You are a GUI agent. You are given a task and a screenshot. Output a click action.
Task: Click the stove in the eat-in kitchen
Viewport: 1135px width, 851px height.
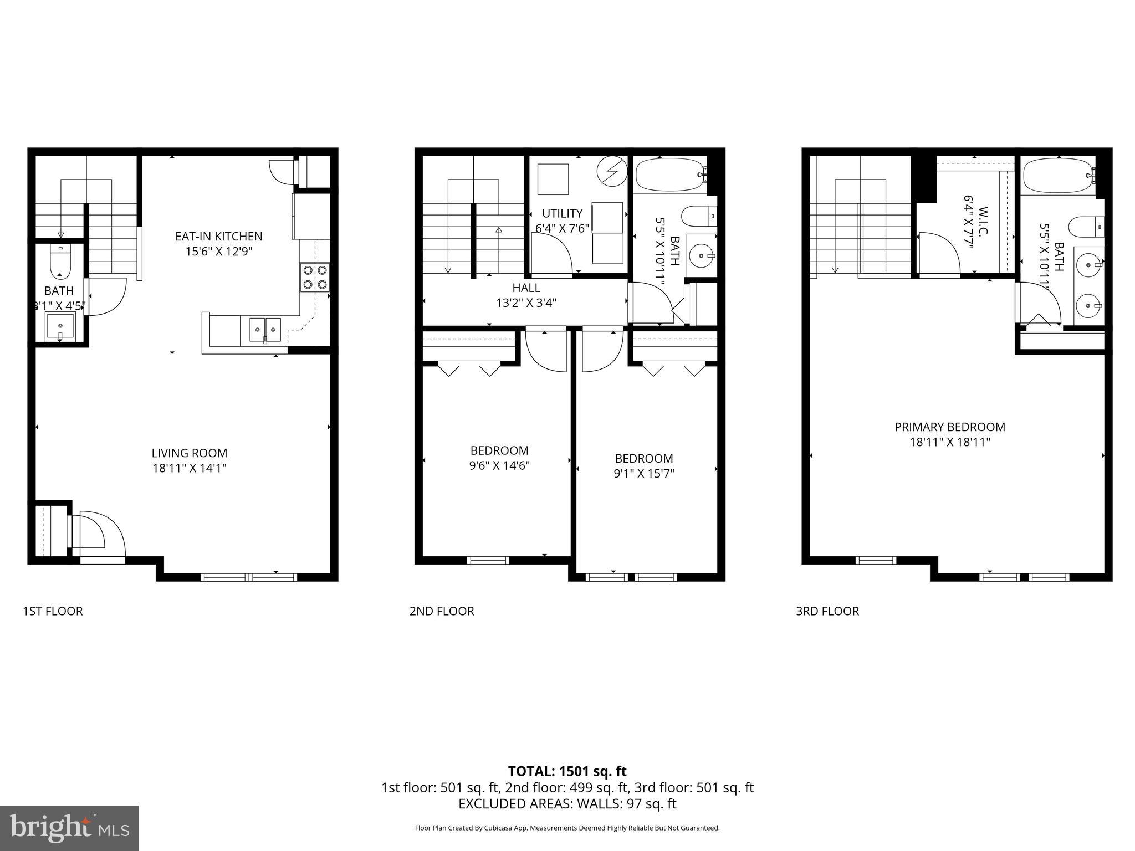(x=315, y=278)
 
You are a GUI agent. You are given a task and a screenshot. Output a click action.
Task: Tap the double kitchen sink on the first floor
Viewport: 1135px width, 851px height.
(x=265, y=330)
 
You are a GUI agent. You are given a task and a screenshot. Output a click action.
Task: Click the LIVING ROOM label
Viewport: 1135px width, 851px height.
(x=190, y=453)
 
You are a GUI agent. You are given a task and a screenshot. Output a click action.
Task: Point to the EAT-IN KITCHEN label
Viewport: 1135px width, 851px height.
(x=218, y=237)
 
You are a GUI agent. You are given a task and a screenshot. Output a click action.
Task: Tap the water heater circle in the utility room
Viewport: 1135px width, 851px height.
(x=612, y=170)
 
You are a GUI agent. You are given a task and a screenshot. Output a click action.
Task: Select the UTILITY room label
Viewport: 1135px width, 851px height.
(x=562, y=213)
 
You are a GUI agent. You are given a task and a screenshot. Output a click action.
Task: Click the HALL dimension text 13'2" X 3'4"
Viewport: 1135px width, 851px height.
(x=526, y=303)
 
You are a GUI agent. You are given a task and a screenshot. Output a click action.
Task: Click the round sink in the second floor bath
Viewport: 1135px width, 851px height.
(x=702, y=256)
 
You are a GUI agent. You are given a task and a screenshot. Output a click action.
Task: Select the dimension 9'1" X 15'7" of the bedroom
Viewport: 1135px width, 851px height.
(x=644, y=474)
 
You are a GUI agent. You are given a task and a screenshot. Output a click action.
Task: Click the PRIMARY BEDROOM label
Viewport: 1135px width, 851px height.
(x=949, y=427)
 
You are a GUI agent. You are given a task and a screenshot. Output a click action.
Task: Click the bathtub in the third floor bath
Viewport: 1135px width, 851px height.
(x=1057, y=175)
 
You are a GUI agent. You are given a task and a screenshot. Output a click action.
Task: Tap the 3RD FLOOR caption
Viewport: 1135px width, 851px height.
(x=827, y=611)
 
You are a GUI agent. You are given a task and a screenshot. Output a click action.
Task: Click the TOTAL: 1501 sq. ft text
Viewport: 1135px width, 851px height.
(x=567, y=771)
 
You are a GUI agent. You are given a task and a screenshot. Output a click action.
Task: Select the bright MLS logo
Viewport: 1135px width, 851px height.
(x=69, y=828)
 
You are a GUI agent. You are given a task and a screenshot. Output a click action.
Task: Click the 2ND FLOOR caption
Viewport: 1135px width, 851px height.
(x=442, y=611)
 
